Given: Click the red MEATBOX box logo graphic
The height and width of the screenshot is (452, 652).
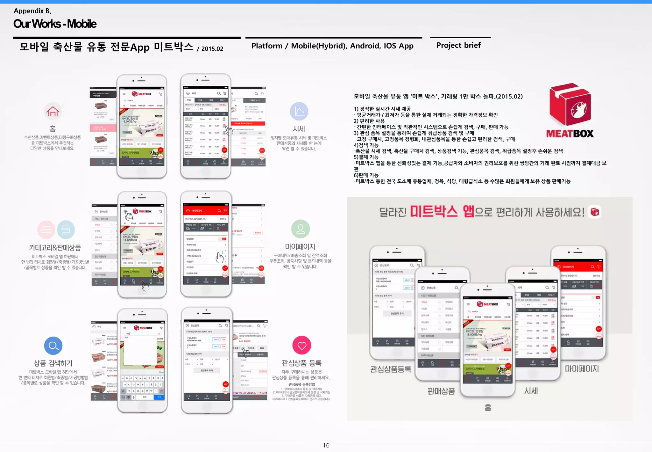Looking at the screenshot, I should pos(570,104).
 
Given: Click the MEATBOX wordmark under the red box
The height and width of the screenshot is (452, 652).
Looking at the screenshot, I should pos(570,134).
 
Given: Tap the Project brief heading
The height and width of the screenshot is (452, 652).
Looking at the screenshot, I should pos(458,45).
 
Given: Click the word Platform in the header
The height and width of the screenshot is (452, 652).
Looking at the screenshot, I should pos(266,46).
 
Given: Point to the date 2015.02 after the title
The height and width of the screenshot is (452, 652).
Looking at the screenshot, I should pos(212,49).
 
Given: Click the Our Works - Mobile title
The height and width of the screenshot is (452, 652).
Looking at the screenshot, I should pos(55,24).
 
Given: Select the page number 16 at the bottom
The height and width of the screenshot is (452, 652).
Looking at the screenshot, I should pos(326,445).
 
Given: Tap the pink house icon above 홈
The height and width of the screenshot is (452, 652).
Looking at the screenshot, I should pos(53,111).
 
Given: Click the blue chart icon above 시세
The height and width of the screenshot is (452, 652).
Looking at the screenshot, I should pos(299,111).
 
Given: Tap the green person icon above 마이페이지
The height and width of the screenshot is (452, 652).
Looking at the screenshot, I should pos(300,229).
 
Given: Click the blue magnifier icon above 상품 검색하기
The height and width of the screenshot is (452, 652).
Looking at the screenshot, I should pos(53,346).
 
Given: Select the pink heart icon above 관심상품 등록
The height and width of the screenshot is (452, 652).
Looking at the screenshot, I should pos(301,345).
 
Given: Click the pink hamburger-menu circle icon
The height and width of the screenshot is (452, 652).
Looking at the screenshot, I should pos(46,230).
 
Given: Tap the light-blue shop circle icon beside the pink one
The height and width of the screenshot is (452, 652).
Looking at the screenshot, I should pos(66,230).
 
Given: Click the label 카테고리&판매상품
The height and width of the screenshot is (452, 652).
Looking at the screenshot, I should pos(55,248).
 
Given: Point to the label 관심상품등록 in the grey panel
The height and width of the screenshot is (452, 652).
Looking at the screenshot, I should pos(390,369).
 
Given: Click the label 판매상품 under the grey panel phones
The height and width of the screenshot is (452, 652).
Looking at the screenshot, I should pos(441,391).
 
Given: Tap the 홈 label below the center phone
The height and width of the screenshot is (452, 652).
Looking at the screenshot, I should pos(488,407).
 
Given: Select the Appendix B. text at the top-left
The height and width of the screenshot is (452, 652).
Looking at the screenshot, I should pos(32,11).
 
